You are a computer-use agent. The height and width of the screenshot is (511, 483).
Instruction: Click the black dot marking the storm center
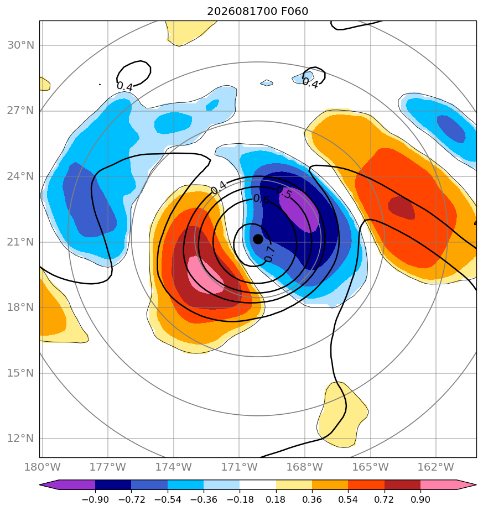click(x=258, y=239)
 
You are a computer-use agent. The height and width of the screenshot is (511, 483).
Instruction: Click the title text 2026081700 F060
click(x=258, y=12)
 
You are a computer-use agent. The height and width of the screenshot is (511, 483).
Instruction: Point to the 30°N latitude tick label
click(x=20, y=45)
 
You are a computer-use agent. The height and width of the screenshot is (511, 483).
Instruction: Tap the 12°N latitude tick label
click(x=20, y=439)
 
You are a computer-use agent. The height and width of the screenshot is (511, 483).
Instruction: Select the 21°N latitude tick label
click(x=20, y=242)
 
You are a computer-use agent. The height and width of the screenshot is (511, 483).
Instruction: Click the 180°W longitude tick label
click(x=43, y=467)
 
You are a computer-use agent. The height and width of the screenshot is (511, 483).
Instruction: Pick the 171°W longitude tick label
click(x=239, y=467)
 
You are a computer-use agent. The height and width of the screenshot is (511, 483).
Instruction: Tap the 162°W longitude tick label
click(x=436, y=467)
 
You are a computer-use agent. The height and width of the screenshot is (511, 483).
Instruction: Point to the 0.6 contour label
click(x=261, y=199)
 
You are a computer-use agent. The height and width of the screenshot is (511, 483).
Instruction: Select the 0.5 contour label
click(x=284, y=193)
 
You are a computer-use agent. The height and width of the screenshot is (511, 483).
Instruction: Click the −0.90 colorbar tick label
click(x=95, y=499)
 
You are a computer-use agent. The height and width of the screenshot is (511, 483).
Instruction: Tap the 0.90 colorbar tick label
click(x=420, y=499)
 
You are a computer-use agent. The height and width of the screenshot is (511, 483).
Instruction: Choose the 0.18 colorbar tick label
click(x=276, y=499)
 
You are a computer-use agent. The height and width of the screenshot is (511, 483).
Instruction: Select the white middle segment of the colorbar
click(x=258, y=484)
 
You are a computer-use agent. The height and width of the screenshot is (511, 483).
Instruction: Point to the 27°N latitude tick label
click(x=20, y=111)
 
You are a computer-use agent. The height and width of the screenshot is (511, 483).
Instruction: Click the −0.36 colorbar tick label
click(x=204, y=499)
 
